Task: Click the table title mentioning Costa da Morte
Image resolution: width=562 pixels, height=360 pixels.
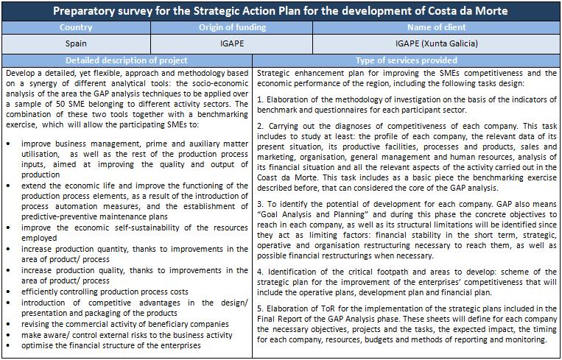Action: [x=281, y=11]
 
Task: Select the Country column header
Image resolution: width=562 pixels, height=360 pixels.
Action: [x=76, y=27]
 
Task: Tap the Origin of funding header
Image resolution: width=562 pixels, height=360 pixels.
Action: [x=231, y=27]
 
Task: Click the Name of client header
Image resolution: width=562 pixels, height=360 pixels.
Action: [x=435, y=27]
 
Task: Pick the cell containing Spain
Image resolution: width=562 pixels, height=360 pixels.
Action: [x=76, y=43]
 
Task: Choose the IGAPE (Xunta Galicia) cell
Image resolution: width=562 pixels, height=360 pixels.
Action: [x=435, y=43]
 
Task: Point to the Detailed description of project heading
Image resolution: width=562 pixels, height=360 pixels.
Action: [x=127, y=60]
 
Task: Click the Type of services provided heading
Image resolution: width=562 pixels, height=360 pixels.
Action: [x=406, y=60]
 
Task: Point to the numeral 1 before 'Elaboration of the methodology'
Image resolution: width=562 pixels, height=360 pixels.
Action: [x=261, y=99]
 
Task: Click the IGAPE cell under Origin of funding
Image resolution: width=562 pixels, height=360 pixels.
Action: [x=231, y=43]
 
